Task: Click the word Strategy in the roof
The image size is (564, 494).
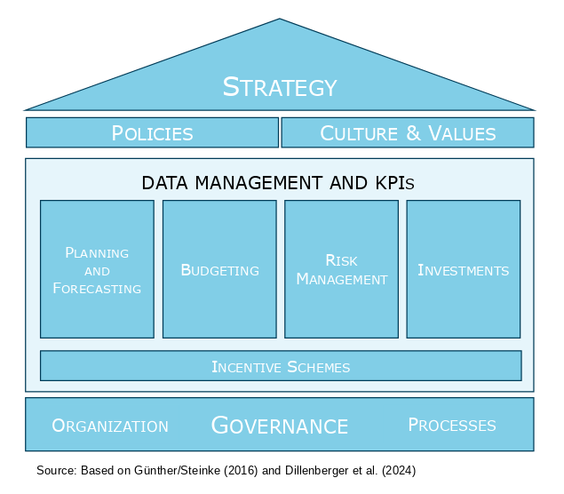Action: pyautogui.click(x=280, y=87)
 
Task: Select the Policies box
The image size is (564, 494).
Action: pyautogui.click(x=152, y=133)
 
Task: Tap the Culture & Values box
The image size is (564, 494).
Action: pyautogui.click(x=408, y=133)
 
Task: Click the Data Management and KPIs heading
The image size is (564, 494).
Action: pyautogui.click(x=278, y=183)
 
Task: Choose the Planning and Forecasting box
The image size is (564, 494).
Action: pyautogui.click(x=97, y=269)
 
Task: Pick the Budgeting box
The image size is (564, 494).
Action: pyautogui.click(x=219, y=269)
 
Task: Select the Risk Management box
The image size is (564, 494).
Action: pyautogui.click(x=341, y=269)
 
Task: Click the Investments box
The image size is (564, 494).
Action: pyautogui.click(x=463, y=269)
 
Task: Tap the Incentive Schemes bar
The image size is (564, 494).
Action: pyautogui.click(x=281, y=366)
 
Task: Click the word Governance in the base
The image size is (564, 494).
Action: pyautogui.click(x=279, y=426)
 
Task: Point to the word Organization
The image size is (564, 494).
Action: pyautogui.click(x=110, y=426)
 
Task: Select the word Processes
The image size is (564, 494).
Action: pyautogui.click(x=452, y=425)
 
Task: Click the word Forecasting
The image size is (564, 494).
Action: pyautogui.click(x=97, y=288)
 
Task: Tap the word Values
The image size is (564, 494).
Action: pyautogui.click(x=462, y=133)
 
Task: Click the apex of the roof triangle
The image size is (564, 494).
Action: pyautogui.click(x=280, y=20)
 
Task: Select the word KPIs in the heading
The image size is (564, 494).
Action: pyautogui.click(x=391, y=183)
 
